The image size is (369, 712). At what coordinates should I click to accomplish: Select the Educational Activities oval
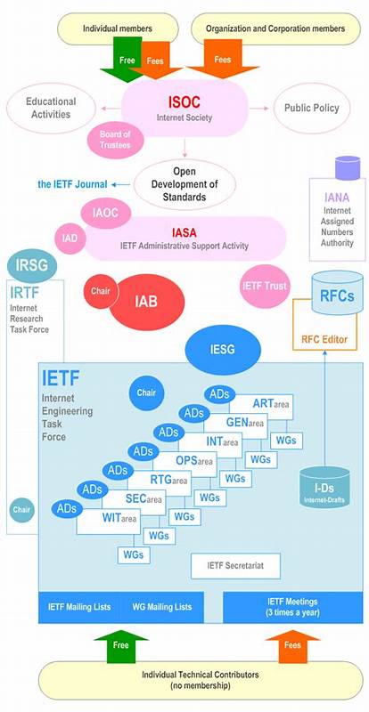click(x=50, y=108)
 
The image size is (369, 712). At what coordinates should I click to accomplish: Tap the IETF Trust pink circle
click(x=264, y=287)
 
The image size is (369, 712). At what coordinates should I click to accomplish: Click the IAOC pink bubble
click(x=111, y=214)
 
